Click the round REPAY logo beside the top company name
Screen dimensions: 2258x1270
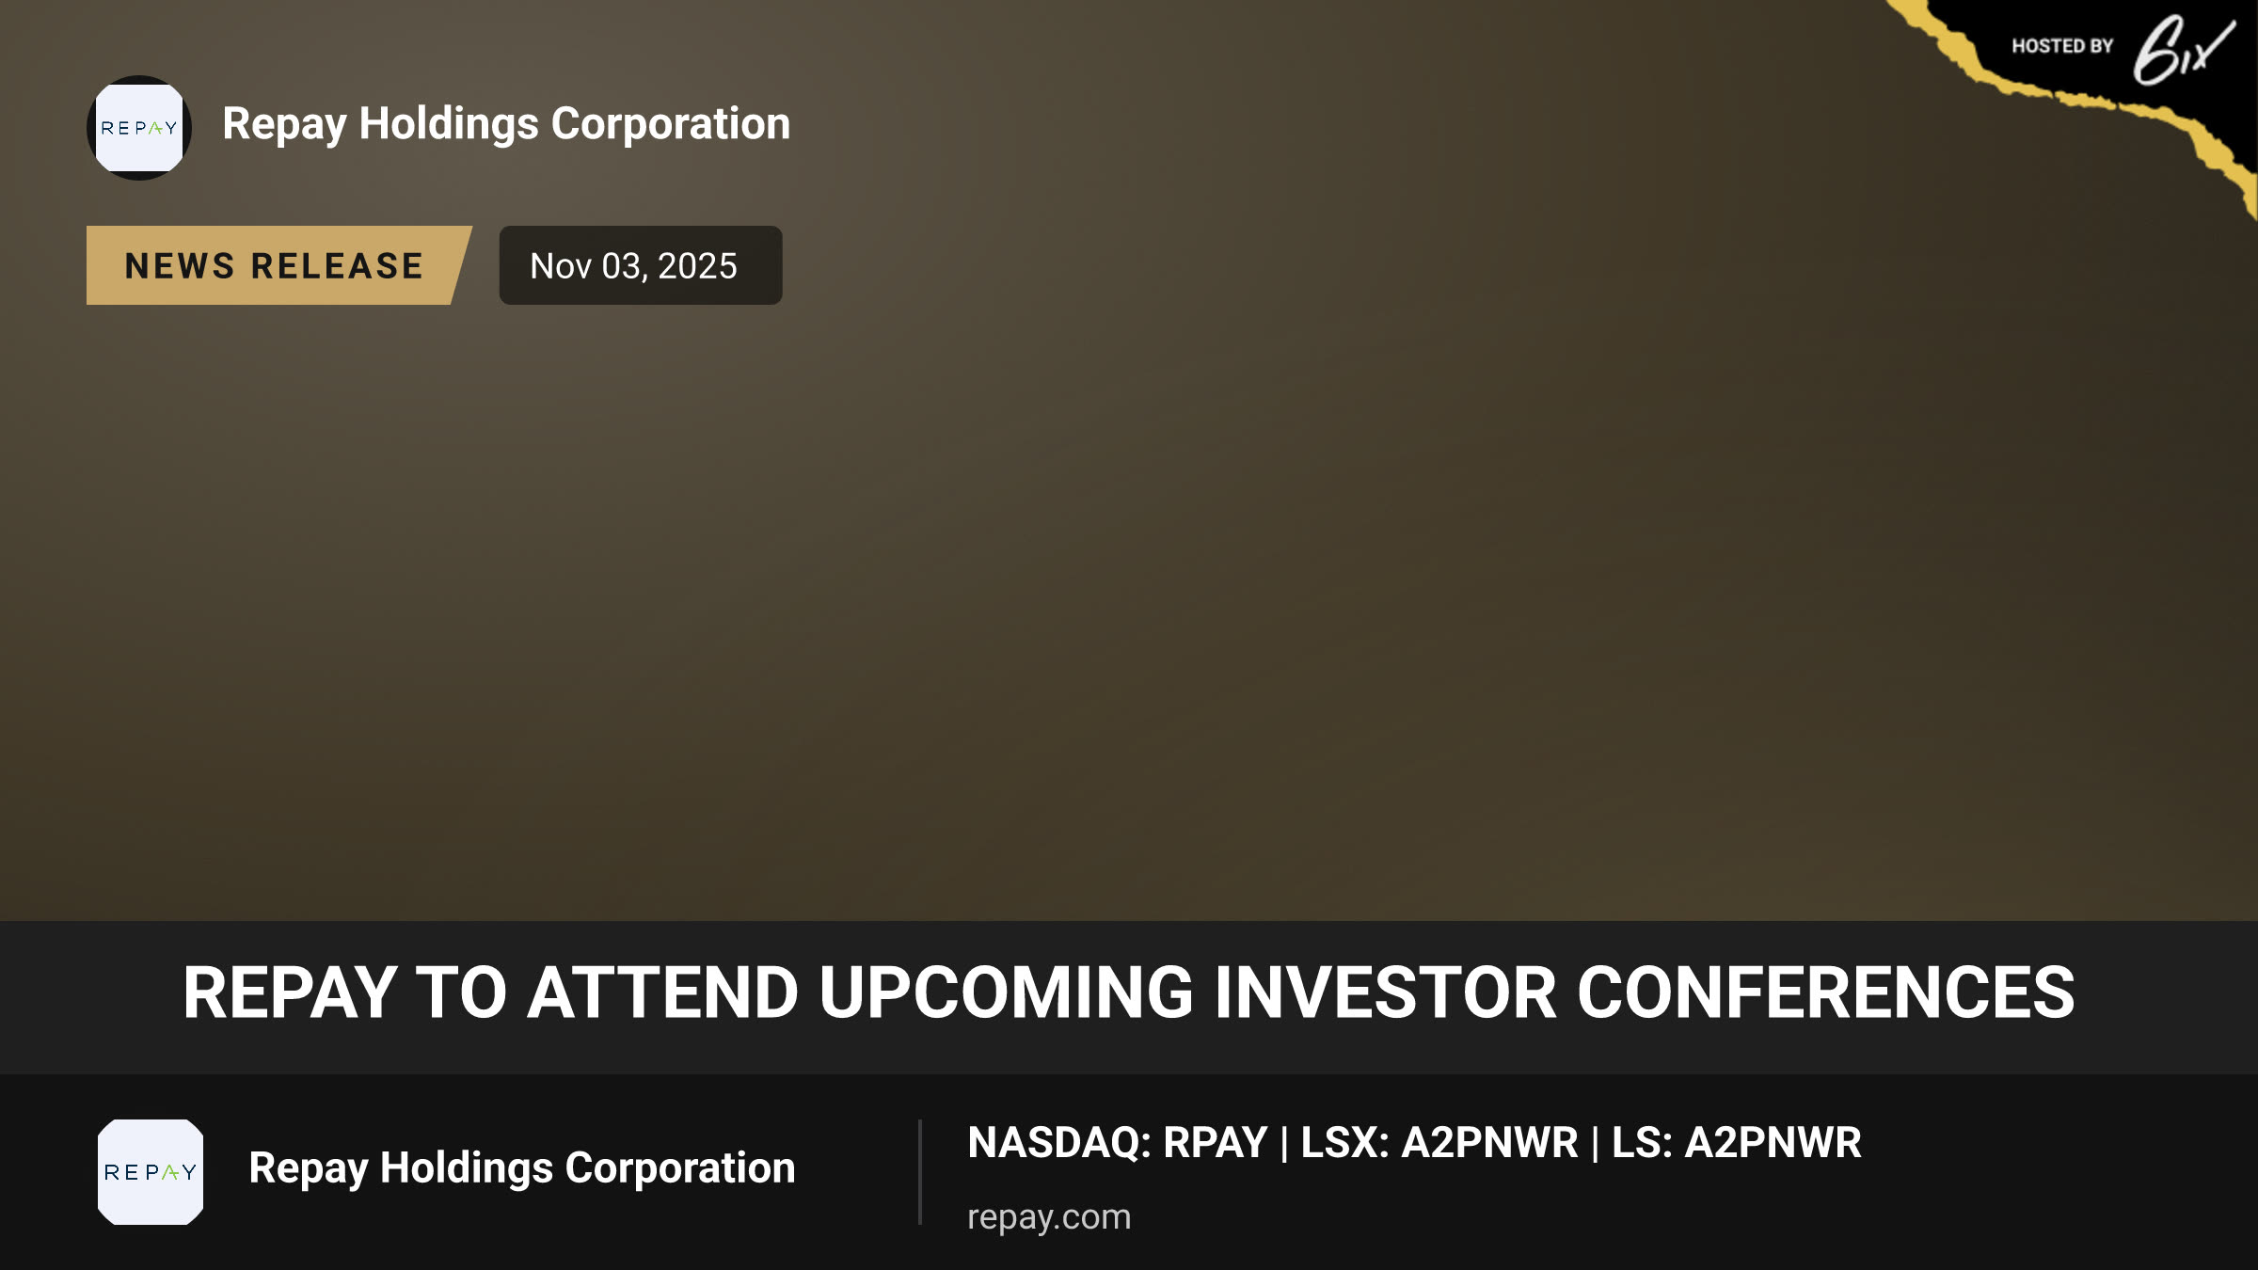(139, 128)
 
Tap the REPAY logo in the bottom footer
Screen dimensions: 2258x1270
(151, 1172)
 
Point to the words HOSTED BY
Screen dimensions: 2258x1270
(2062, 46)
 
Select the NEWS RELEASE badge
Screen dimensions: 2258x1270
(278, 265)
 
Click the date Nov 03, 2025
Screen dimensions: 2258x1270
(633, 266)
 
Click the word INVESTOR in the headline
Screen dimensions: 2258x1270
(1386, 993)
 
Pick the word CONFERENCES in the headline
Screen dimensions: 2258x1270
(1825, 993)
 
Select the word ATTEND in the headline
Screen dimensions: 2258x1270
(663, 993)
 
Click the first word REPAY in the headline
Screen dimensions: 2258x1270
(290, 993)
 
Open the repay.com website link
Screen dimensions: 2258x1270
(1049, 1217)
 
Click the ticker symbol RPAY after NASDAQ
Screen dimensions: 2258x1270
(1216, 1143)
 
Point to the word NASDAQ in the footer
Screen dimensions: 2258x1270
(1054, 1143)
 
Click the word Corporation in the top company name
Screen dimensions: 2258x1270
(671, 123)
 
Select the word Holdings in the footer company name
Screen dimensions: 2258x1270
(467, 1169)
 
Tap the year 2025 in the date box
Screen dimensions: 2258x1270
(697, 266)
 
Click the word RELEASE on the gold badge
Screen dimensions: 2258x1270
(338, 266)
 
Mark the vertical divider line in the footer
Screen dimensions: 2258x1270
(920, 1172)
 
